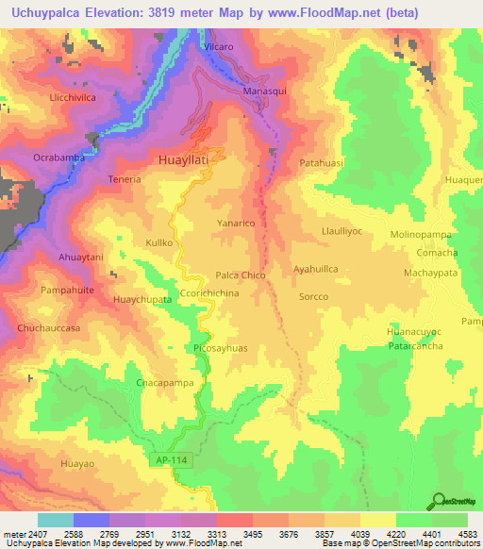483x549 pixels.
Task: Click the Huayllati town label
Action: pos(189,161)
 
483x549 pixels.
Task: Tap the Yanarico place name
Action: pos(237,224)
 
